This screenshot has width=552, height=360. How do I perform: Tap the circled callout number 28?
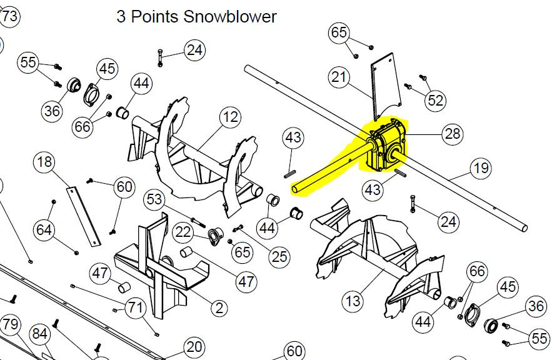pos(453,134)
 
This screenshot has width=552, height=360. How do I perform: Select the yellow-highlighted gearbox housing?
pos(386,146)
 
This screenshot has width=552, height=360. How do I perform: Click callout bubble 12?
pos(231,117)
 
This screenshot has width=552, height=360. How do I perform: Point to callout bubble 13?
pos(353,301)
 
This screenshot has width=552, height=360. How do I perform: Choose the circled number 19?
pos(481,168)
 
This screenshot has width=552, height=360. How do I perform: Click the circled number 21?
pos(339,77)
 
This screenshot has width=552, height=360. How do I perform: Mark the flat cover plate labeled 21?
pos(386,87)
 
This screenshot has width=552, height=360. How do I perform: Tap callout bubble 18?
pos(44,162)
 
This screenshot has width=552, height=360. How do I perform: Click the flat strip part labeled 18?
pos(83,217)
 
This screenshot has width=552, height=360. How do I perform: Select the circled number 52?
pos(435,101)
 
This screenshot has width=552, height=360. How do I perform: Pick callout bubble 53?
pos(154,199)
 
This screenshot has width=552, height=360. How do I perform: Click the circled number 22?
pos(183,232)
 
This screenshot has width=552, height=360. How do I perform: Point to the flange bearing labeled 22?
pos(215,236)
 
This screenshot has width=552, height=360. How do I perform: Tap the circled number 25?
pos(279,257)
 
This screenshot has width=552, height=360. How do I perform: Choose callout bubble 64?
pos(44,230)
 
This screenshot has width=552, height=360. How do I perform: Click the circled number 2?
pos(219,308)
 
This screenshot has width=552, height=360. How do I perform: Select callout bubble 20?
pos(194,347)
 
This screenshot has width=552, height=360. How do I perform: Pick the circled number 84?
pos(39,334)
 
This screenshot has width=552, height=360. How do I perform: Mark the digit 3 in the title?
pos(121,16)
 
